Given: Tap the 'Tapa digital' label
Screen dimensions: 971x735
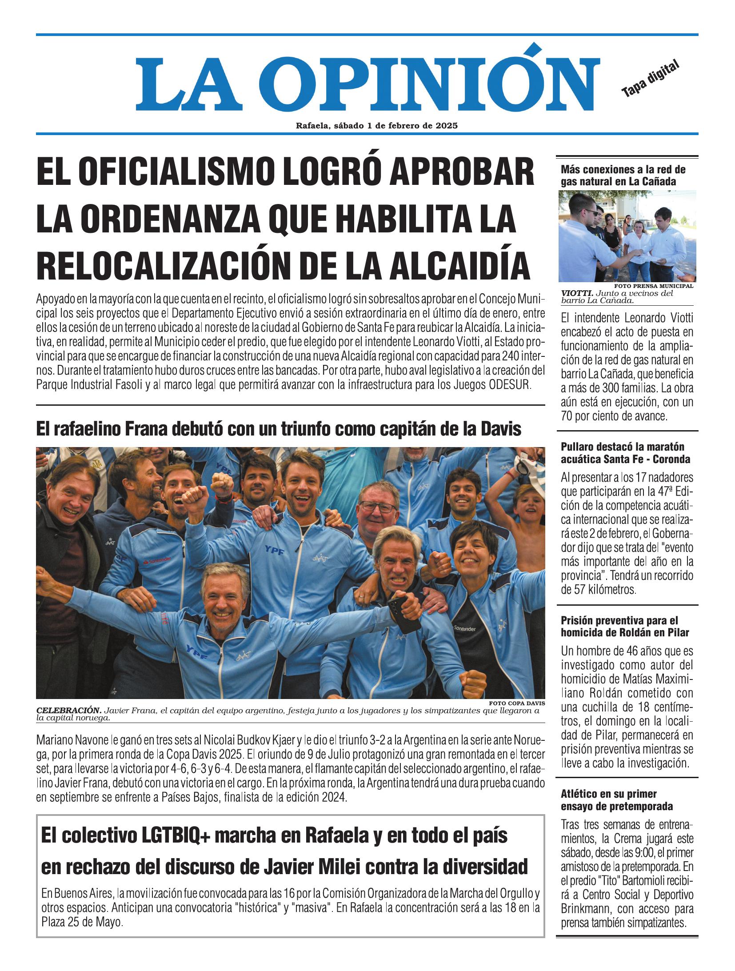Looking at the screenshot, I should pos(650,79).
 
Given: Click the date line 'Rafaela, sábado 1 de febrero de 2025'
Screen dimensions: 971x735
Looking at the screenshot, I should pos(377,126).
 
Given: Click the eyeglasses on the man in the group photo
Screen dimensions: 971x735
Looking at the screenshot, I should pos(377,507).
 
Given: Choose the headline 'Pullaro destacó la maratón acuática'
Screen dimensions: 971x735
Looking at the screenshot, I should pos(625,453).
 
